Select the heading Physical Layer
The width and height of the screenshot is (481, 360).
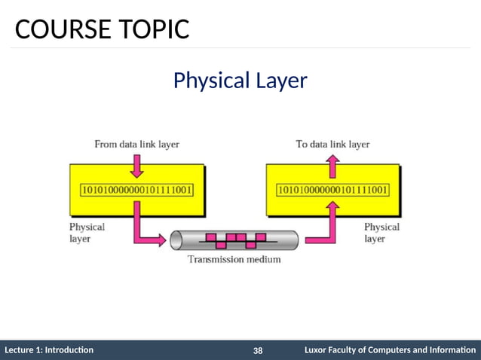(240, 80)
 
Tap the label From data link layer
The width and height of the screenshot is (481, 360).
(136, 143)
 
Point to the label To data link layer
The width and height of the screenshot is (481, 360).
(332, 143)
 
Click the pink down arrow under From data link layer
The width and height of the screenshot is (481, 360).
(136, 162)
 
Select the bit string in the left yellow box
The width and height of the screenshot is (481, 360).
(136, 189)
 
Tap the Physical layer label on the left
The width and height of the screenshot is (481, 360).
(87, 232)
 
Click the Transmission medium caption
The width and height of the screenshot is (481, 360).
(234, 260)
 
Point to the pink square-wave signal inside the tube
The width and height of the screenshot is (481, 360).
(235, 240)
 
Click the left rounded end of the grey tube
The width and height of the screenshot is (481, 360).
(176, 240)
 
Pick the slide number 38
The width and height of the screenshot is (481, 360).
(258, 351)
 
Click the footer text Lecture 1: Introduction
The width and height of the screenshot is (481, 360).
(49, 350)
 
